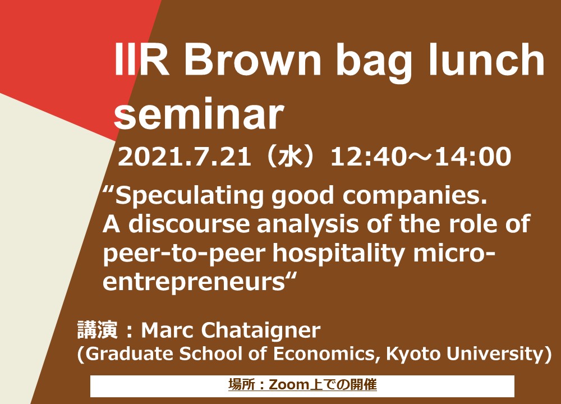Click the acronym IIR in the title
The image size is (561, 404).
click(x=142, y=60)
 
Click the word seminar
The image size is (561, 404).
click(x=199, y=114)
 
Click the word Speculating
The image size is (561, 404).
click(x=189, y=197)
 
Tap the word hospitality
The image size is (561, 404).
click(x=339, y=254)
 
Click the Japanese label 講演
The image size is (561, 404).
click(x=98, y=329)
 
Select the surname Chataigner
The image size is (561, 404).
click(x=260, y=330)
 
